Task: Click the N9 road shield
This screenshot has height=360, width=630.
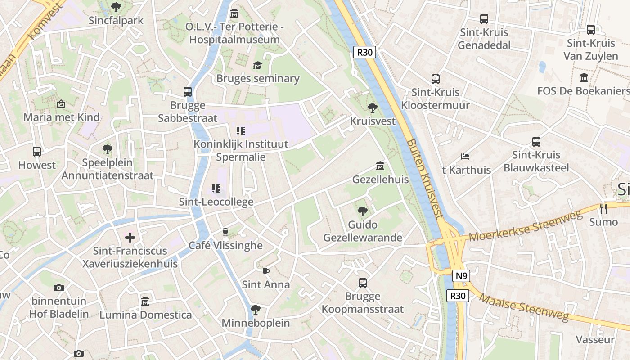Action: [461, 276]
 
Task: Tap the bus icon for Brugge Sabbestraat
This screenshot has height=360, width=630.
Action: [188, 92]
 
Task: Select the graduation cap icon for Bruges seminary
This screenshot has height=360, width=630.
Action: [257, 66]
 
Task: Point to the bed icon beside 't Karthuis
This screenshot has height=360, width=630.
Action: [465, 157]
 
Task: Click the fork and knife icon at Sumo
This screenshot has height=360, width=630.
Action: [603, 208]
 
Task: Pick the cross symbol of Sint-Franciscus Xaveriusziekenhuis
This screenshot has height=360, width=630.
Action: [130, 237]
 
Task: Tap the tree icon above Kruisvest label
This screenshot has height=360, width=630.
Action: [373, 108]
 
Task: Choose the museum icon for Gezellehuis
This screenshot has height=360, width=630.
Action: [380, 166]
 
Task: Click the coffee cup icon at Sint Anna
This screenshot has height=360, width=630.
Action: [265, 271]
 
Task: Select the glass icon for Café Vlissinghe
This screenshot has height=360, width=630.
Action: [225, 232]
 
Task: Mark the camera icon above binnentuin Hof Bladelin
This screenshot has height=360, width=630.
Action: [58, 288]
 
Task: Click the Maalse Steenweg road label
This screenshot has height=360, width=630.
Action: [524, 307]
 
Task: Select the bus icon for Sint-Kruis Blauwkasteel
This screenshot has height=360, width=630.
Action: [536, 142]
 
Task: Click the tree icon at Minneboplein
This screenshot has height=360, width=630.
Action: [255, 310]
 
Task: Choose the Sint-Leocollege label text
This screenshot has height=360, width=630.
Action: [216, 202]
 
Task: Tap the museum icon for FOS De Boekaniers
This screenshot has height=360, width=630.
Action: [584, 78]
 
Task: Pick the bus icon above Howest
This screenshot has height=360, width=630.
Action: [37, 152]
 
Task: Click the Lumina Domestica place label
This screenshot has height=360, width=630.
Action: [145, 315]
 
